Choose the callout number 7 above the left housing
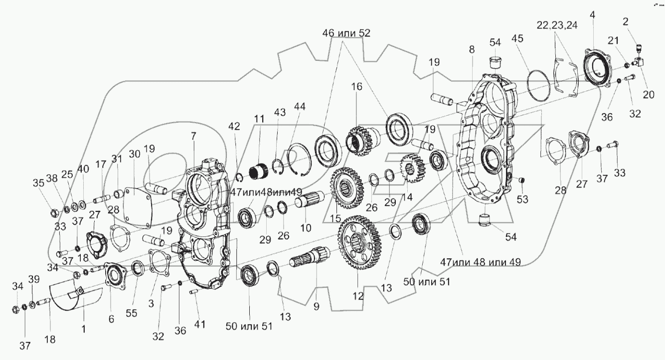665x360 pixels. (x=194, y=136)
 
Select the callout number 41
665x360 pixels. (x=199, y=325)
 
